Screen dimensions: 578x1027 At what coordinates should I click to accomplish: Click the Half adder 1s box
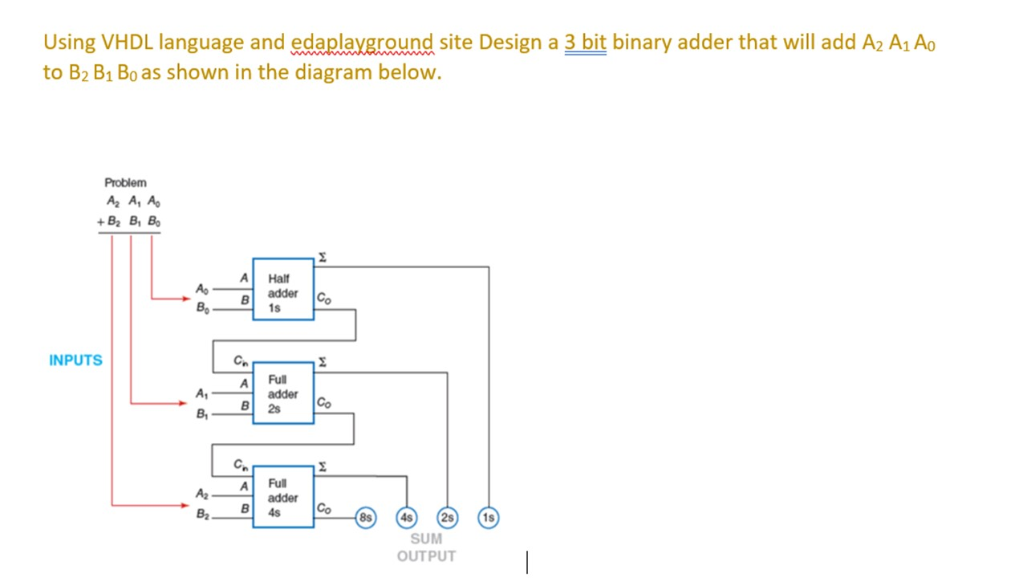(x=283, y=289)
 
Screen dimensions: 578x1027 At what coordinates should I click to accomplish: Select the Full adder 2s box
(x=283, y=393)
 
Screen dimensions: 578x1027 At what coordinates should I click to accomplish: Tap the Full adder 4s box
(x=283, y=497)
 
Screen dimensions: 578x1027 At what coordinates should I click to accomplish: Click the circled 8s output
(x=366, y=518)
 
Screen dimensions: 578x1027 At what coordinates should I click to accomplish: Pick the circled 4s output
(x=407, y=518)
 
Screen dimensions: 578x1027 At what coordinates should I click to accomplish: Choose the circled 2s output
(x=448, y=518)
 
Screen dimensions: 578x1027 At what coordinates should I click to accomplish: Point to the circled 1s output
(x=489, y=518)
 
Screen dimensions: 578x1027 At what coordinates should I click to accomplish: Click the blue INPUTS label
(x=75, y=360)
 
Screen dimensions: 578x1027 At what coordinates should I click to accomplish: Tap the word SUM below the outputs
(x=426, y=539)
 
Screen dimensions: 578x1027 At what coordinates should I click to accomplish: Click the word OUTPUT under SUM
(x=426, y=556)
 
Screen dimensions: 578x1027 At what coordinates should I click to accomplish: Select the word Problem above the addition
(x=125, y=183)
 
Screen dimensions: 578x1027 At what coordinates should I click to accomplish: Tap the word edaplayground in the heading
(x=362, y=42)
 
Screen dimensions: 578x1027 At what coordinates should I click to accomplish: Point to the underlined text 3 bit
(x=586, y=42)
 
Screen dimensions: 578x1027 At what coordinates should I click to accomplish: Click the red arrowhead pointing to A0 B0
(x=185, y=299)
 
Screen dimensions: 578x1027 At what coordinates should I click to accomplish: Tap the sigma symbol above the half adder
(x=322, y=257)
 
